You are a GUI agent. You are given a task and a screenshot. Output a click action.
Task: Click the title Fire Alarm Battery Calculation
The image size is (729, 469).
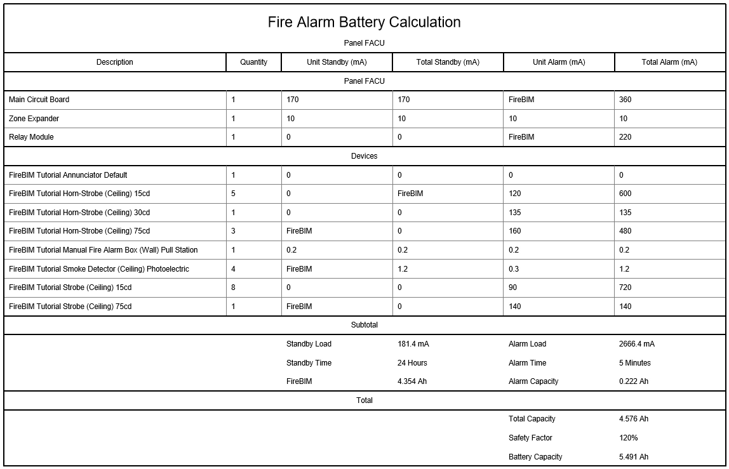coord(364,22)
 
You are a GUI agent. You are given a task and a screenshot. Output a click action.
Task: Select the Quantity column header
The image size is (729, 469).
coord(253,62)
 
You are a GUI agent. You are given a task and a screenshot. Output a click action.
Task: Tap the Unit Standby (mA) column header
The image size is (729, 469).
coord(337,62)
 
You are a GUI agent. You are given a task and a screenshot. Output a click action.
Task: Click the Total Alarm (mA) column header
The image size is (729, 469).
coord(669,62)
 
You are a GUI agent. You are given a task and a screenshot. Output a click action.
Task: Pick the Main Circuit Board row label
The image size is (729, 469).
coord(39,100)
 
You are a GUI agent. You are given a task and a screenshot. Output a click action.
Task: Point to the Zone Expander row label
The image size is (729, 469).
coord(34,119)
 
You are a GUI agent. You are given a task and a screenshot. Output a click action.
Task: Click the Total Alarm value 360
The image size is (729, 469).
coord(625,100)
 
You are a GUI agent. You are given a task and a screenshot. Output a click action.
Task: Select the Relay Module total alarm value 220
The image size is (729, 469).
coord(625,137)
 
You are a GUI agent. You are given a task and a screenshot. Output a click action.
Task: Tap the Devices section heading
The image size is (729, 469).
coord(364,156)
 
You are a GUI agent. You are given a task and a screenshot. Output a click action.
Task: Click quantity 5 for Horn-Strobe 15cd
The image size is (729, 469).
coord(233,194)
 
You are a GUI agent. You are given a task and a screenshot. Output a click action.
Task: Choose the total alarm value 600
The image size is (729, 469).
coord(625,194)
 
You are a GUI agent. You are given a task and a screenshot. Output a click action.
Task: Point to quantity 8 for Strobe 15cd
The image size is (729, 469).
coord(233,287)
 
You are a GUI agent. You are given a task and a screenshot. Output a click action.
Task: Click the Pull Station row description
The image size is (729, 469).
coord(104,250)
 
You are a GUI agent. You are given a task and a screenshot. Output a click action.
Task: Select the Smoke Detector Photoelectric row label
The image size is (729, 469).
coord(99,269)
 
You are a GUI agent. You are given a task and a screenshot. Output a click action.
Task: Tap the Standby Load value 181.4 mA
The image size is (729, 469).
coord(413,344)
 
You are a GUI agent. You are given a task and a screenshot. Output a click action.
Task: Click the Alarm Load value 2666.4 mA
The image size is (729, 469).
coord(636,344)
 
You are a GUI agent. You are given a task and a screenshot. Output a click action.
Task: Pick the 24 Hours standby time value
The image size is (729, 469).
coord(412,363)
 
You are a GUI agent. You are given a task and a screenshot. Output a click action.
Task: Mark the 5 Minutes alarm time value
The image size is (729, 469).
coord(634,363)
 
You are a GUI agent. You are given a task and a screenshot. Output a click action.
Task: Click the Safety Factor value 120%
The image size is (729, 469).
coord(628,438)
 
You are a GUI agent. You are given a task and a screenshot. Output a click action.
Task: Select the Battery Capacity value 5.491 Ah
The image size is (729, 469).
coord(633,457)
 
